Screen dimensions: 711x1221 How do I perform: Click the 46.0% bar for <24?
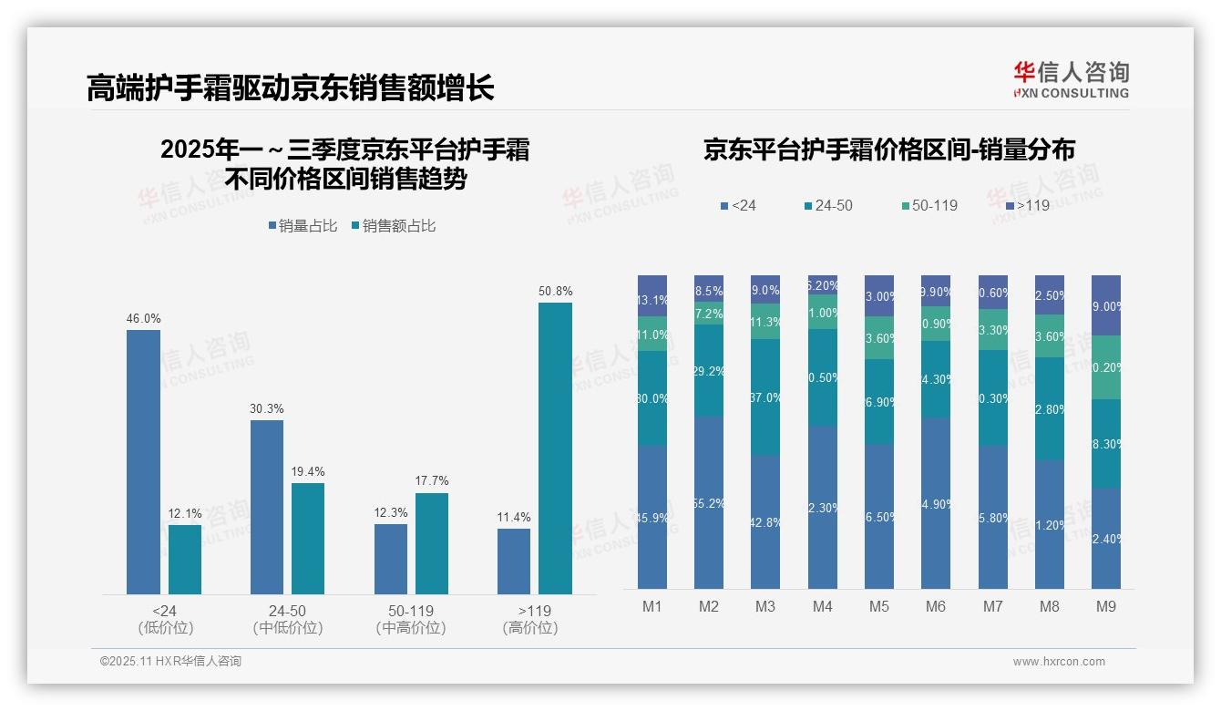143,462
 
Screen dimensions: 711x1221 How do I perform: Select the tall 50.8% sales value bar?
555,448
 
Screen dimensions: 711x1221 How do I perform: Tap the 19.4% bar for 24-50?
308,539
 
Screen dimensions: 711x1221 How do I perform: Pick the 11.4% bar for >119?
514,562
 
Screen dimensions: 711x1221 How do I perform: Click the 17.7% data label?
431,481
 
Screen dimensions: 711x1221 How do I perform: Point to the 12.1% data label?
184,513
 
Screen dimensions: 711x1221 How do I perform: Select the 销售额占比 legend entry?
394,226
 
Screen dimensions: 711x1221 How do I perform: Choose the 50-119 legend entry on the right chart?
929,206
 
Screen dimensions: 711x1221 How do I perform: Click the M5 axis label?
878,606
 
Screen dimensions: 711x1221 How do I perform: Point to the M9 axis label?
1105,606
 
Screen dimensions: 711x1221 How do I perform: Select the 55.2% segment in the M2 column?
709,503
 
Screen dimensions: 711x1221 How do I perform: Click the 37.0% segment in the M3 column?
765,397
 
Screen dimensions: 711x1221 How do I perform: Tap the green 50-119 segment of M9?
1106,367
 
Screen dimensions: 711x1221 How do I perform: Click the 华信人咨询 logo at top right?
1071,79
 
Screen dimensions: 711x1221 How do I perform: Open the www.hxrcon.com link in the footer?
1059,662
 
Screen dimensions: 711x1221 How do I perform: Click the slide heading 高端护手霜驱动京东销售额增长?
291,88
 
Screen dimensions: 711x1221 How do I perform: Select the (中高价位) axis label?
411,628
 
